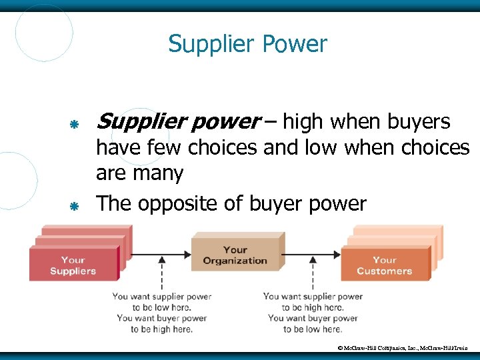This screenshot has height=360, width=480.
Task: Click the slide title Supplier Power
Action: pyautogui.click(x=247, y=45)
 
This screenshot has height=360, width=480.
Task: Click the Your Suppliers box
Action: pyautogui.click(x=73, y=265)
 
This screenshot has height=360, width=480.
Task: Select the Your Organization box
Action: pyautogui.click(x=235, y=255)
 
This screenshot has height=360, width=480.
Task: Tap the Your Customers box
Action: pyautogui.click(x=385, y=265)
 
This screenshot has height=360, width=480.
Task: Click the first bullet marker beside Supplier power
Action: pyautogui.click(x=75, y=124)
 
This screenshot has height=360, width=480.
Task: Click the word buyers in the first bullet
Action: pyautogui.click(x=418, y=122)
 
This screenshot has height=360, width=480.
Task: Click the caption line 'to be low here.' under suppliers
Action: pyautogui.click(x=162, y=307)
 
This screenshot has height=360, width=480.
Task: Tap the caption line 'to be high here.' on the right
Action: pyautogui.click(x=313, y=307)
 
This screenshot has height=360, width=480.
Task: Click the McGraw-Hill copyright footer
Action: pyautogui.click(x=407, y=348)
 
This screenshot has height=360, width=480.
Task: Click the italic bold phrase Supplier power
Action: pyautogui.click(x=179, y=122)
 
